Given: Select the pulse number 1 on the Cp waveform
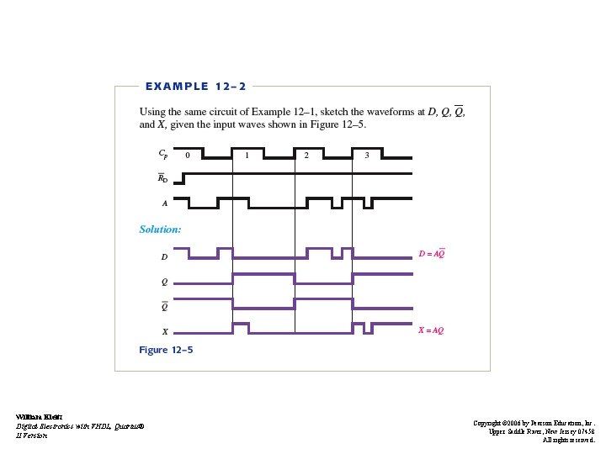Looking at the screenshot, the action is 247,156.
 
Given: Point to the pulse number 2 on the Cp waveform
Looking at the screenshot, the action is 306,156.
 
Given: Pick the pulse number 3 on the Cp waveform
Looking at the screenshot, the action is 366,156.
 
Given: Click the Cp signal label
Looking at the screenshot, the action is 162,155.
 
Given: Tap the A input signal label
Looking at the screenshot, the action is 164,203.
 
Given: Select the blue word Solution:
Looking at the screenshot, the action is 160,229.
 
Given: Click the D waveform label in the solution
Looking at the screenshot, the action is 164,256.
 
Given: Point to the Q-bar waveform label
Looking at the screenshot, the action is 164,306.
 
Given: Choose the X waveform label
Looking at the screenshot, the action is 164,331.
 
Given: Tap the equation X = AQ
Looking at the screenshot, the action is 431,330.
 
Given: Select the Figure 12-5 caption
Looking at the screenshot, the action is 166,350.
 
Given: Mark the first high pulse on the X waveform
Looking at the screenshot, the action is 240,325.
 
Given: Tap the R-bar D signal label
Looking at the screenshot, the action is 163,178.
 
